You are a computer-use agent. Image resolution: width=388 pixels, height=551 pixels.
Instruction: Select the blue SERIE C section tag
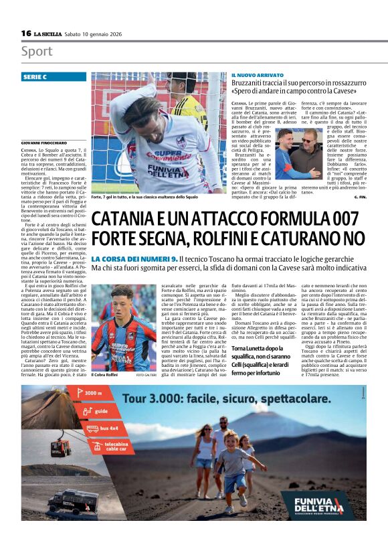(54, 77)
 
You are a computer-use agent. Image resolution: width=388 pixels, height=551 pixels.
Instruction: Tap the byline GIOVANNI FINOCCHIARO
(44, 143)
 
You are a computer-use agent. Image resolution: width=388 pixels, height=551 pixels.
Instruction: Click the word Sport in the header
(36, 52)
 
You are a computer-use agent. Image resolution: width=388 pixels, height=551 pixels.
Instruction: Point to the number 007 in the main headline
(338, 219)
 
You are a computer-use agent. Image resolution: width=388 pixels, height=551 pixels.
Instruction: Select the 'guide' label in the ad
(100, 410)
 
